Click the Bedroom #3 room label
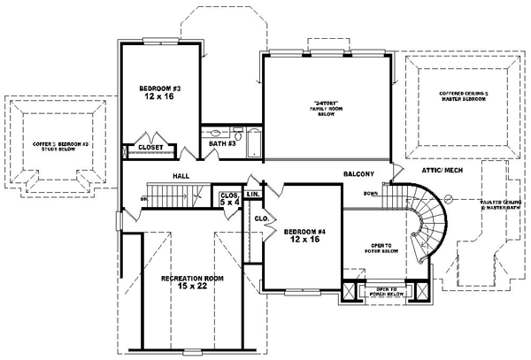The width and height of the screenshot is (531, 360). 160,88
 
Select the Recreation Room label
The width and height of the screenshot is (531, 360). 191,279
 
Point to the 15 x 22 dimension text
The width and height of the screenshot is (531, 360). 191,287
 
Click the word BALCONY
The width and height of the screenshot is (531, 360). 360,174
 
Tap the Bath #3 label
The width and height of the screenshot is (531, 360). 222,142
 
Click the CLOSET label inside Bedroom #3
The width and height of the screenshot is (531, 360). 156,148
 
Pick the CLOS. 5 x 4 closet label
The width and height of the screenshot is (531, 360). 228,197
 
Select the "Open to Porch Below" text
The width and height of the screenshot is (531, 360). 386,291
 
